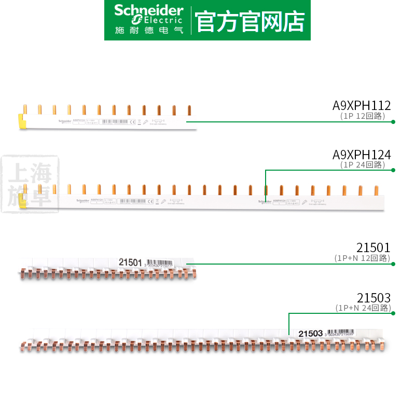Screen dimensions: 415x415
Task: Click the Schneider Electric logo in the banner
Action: click(149, 20)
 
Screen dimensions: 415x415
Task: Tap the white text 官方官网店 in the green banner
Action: click(250, 20)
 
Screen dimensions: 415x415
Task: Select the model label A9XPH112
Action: click(362, 105)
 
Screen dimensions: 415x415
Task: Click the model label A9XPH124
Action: click(362, 155)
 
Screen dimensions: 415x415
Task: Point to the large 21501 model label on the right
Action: click(374, 247)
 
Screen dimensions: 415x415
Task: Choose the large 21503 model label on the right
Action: click(374, 297)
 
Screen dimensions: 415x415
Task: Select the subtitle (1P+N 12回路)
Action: click(362, 258)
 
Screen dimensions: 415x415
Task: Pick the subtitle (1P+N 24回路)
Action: click(362, 308)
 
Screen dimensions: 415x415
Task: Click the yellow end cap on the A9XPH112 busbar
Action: click(23, 120)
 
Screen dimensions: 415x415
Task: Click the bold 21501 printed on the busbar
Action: click(130, 262)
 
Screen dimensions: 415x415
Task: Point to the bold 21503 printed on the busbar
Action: click(312, 333)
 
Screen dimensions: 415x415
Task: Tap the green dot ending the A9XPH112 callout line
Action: click(393, 122)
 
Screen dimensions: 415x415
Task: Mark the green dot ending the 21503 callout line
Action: click(393, 313)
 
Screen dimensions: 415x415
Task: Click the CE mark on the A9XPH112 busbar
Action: click(132, 122)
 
